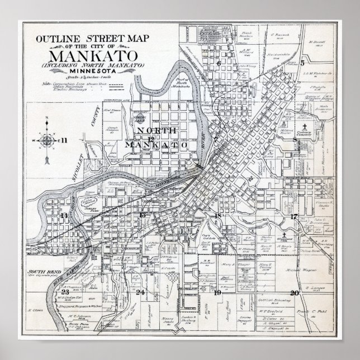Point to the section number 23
65,292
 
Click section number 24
141,292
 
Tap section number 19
218,292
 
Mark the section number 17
293,216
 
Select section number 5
302,63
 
